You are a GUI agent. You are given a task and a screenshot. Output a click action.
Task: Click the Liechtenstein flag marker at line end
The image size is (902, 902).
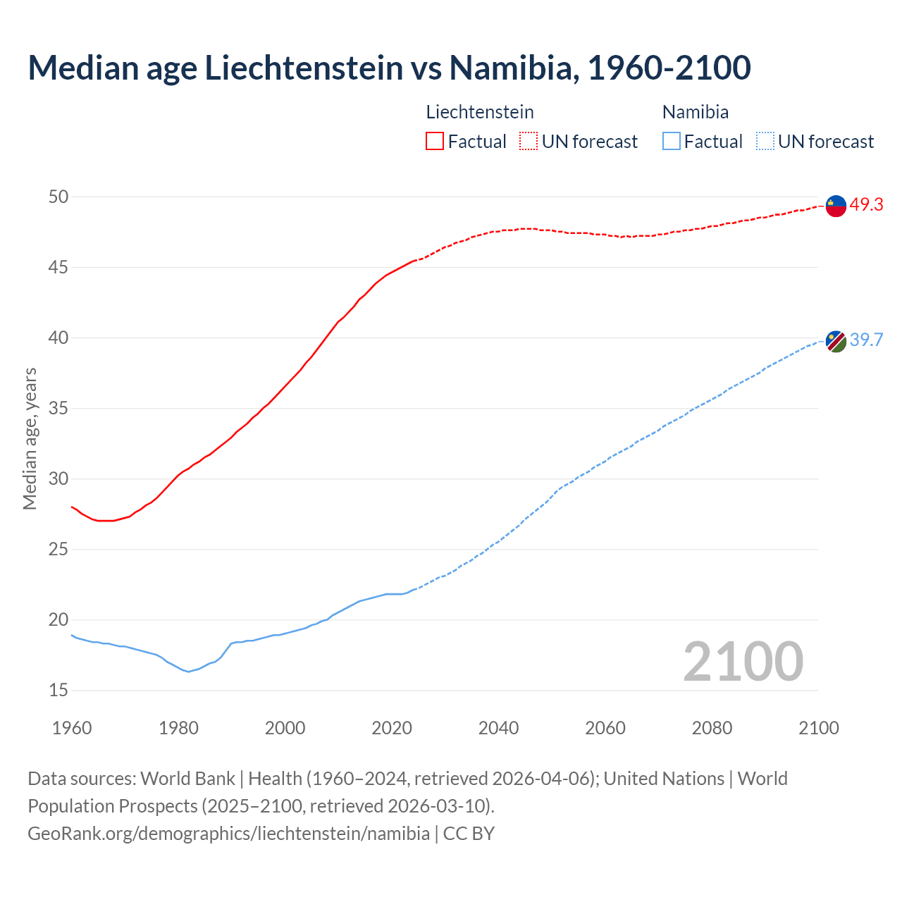pyautogui.click(x=836, y=206)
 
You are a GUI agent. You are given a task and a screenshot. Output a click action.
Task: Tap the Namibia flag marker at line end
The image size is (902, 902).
pyautogui.click(x=836, y=341)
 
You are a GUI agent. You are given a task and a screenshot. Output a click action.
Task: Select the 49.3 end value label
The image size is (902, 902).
pyautogui.click(x=866, y=205)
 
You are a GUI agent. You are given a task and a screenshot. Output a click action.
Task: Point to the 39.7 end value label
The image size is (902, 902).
pyautogui.click(x=866, y=340)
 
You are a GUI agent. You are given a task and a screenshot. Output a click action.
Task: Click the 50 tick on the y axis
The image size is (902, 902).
pyautogui.click(x=58, y=197)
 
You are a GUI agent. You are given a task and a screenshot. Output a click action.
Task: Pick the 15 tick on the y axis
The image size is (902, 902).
pyautogui.click(x=58, y=691)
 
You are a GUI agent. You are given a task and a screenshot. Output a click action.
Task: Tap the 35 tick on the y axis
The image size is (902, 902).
pyautogui.click(x=58, y=409)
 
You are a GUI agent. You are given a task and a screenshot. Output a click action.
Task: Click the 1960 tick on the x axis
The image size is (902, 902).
pyautogui.click(x=72, y=728)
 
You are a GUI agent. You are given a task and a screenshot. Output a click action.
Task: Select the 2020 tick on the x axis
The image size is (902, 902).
pyautogui.click(x=392, y=728)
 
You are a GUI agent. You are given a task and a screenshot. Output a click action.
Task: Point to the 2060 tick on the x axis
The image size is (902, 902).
pyautogui.click(x=605, y=728)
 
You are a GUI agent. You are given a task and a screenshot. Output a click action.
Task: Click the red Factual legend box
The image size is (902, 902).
pyautogui.click(x=435, y=142)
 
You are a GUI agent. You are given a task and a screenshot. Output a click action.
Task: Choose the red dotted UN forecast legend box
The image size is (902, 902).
pyautogui.click(x=529, y=142)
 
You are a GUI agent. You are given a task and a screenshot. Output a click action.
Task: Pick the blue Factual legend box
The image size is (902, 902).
pyautogui.click(x=672, y=142)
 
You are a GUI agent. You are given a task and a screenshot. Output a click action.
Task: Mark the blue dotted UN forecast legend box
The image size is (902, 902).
pyautogui.click(x=765, y=142)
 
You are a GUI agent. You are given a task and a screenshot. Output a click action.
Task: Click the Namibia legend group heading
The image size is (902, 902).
pyautogui.click(x=696, y=112)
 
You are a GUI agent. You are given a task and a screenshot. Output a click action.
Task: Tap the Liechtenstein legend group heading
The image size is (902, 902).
pyautogui.click(x=480, y=112)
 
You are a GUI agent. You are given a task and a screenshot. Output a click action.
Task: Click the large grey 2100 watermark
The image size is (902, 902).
pyautogui.click(x=743, y=662)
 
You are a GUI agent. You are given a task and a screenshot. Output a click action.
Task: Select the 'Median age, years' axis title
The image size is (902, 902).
pyautogui.click(x=30, y=438)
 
